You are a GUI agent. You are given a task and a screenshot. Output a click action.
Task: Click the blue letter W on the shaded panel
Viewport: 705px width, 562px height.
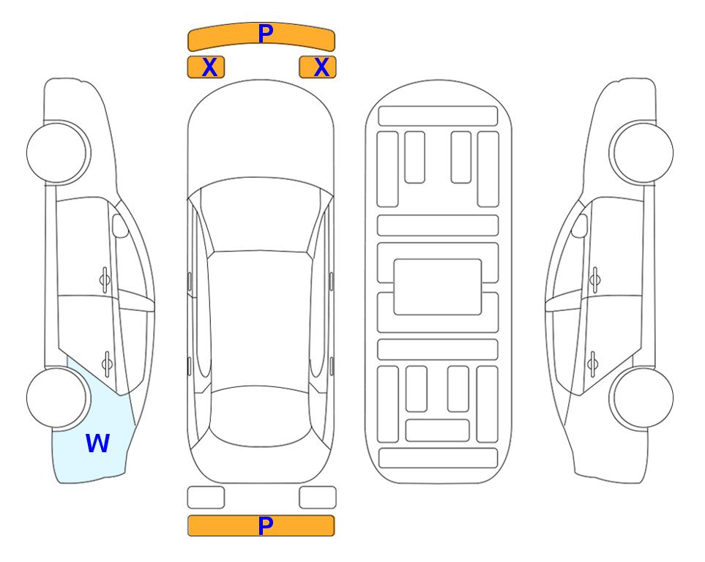coord(97,443)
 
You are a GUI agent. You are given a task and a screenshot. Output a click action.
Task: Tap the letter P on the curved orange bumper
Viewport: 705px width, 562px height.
coord(266,33)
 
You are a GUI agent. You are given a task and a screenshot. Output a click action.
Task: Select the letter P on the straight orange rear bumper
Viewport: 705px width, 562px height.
coord(266,525)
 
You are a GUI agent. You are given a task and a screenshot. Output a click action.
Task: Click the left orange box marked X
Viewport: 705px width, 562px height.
coord(206,67)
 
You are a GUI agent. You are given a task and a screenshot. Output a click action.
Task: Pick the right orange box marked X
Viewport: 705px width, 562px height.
coord(318,67)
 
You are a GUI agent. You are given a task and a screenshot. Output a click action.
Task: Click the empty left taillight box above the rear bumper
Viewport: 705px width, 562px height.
coord(206,498)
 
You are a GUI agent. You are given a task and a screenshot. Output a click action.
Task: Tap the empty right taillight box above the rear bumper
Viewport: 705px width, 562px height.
coord(318,498)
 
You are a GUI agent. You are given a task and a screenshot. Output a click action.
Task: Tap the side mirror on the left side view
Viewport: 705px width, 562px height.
coord(120,225)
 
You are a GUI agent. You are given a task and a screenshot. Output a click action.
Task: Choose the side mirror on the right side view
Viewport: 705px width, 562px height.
coord(580,225)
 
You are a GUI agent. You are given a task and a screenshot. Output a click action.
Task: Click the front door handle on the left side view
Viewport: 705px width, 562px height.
coord(105,280)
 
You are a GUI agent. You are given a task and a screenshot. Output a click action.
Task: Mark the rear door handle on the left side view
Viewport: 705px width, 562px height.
coord(107,363)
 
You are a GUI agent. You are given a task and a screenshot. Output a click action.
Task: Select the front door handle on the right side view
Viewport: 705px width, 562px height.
coord(595,280)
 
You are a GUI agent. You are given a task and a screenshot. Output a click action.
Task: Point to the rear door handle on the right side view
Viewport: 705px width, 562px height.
coord(592,363)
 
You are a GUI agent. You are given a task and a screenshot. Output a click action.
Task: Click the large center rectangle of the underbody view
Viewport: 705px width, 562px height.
coord(438,287)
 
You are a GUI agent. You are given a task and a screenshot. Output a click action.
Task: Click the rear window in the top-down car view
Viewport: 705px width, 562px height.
coord(261,416)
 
